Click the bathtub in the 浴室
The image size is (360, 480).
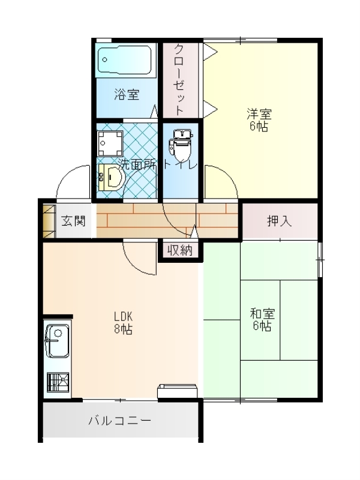(125, 59)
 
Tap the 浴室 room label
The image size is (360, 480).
(127, 94)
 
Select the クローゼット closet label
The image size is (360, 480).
(179, 79)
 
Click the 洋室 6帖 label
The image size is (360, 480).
(259, 120)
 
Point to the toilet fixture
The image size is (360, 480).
(181, 145)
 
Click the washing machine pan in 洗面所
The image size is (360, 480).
(110, 143)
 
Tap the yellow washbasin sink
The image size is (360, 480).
(111, 176)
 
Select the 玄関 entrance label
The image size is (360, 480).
(73, 221)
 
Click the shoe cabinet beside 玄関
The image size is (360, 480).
(49, 221)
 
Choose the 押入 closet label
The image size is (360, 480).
(280, 220)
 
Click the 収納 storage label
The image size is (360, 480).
(180, 250)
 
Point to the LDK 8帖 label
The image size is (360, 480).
(124, 322)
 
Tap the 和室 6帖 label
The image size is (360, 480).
(262, 320)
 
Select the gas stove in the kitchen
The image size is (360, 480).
(58, 382)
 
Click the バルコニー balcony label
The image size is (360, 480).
(120, 421)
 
